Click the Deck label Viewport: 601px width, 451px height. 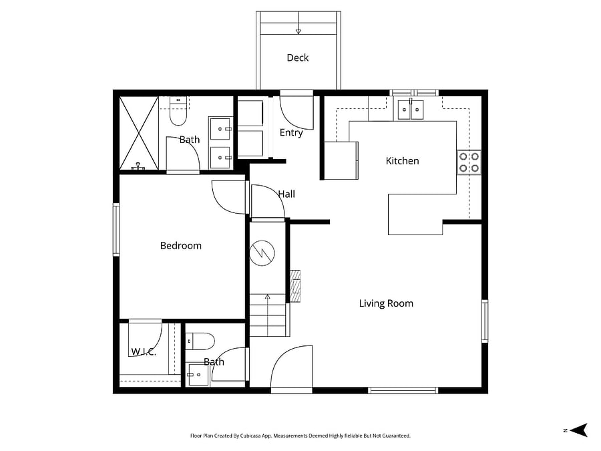(x=297, y=57)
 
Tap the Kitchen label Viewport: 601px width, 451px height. (x=402, y=160)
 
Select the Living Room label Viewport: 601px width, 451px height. (x=386, y=303)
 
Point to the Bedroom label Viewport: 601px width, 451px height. (x=180, y=245)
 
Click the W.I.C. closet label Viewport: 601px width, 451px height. (x=144, y=351)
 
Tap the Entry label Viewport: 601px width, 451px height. (x=291, y=133)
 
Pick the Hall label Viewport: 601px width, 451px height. (x=286, y=194)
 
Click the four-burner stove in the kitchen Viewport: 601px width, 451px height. (x=469, y=162)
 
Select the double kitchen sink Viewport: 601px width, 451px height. (x=411, y=110)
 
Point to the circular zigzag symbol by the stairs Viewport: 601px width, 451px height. (x=262, y=253)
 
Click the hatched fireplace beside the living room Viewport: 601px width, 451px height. (x=295, y=286)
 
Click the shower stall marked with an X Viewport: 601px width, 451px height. (x=139, y=133)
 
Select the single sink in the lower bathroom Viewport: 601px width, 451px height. (x=198, y=375)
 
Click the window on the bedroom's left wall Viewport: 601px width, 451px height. (x=116, y=229)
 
